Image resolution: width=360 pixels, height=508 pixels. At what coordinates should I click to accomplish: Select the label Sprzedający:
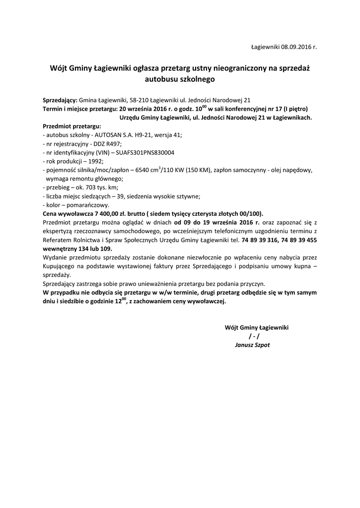[x=60, y=100]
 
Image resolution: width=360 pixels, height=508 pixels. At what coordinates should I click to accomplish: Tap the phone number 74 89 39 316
[x=260, y=240]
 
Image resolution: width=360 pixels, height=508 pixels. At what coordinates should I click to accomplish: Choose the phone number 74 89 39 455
[x=299, y=240]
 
